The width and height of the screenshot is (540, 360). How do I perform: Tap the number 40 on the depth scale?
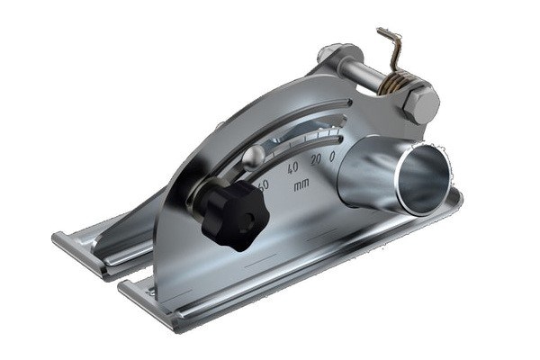point(292,168)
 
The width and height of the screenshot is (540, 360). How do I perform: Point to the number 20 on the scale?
point(315,160)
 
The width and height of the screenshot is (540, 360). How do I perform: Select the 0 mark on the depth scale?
point(332,157)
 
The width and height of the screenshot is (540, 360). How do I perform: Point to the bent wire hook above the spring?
point(389,45)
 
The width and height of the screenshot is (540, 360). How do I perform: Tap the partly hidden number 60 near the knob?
point(263,185)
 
